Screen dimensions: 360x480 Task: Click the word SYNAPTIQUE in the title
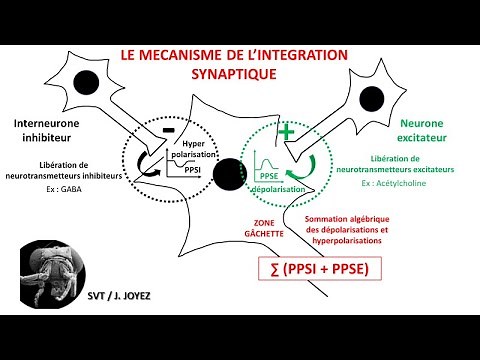[240, 74]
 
